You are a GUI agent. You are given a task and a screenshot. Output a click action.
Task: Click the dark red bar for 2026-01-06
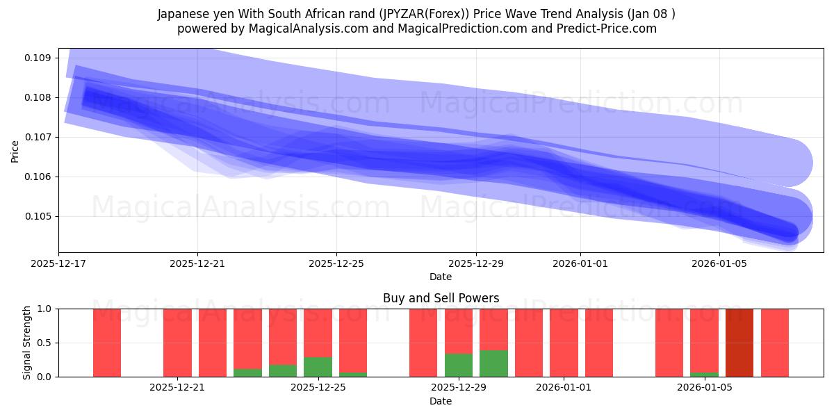739,343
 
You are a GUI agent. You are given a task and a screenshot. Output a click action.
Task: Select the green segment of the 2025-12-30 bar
493,363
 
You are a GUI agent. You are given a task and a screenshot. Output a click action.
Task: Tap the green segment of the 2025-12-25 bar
318,367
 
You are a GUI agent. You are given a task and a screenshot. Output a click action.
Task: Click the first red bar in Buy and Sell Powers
107,343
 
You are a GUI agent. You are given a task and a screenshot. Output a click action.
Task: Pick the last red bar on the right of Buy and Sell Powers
774,343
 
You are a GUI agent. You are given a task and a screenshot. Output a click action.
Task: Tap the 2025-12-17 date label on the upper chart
58,263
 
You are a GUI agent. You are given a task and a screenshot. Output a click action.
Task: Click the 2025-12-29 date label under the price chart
476,263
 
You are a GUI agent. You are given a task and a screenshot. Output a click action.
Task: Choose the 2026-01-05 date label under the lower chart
705,388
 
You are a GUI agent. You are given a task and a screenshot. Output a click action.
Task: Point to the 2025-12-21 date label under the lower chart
177,388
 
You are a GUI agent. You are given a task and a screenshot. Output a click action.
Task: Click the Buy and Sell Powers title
441,298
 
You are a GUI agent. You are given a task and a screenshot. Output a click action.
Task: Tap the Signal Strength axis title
26,343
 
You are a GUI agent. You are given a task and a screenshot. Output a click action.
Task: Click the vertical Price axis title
15,151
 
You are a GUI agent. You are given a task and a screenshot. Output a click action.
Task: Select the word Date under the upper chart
441,277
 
